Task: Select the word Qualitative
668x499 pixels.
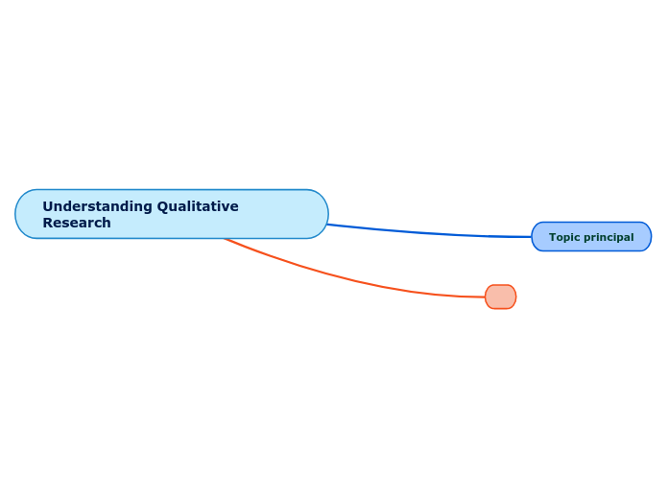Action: point(198,206)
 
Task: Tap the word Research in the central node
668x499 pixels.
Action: point(77,223)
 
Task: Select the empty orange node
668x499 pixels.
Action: point(500,297)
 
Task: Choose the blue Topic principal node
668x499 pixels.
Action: point(591,237)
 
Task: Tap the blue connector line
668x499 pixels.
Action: point(432,233)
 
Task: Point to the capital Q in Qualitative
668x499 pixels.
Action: point(163,206)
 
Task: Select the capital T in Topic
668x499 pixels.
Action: point(552,237)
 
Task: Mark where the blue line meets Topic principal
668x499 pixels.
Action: point(532,236)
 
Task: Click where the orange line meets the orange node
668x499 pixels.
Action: point(486,297)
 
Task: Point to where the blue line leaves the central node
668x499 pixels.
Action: point(328,225)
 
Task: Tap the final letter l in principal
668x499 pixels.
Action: point(632,237)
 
